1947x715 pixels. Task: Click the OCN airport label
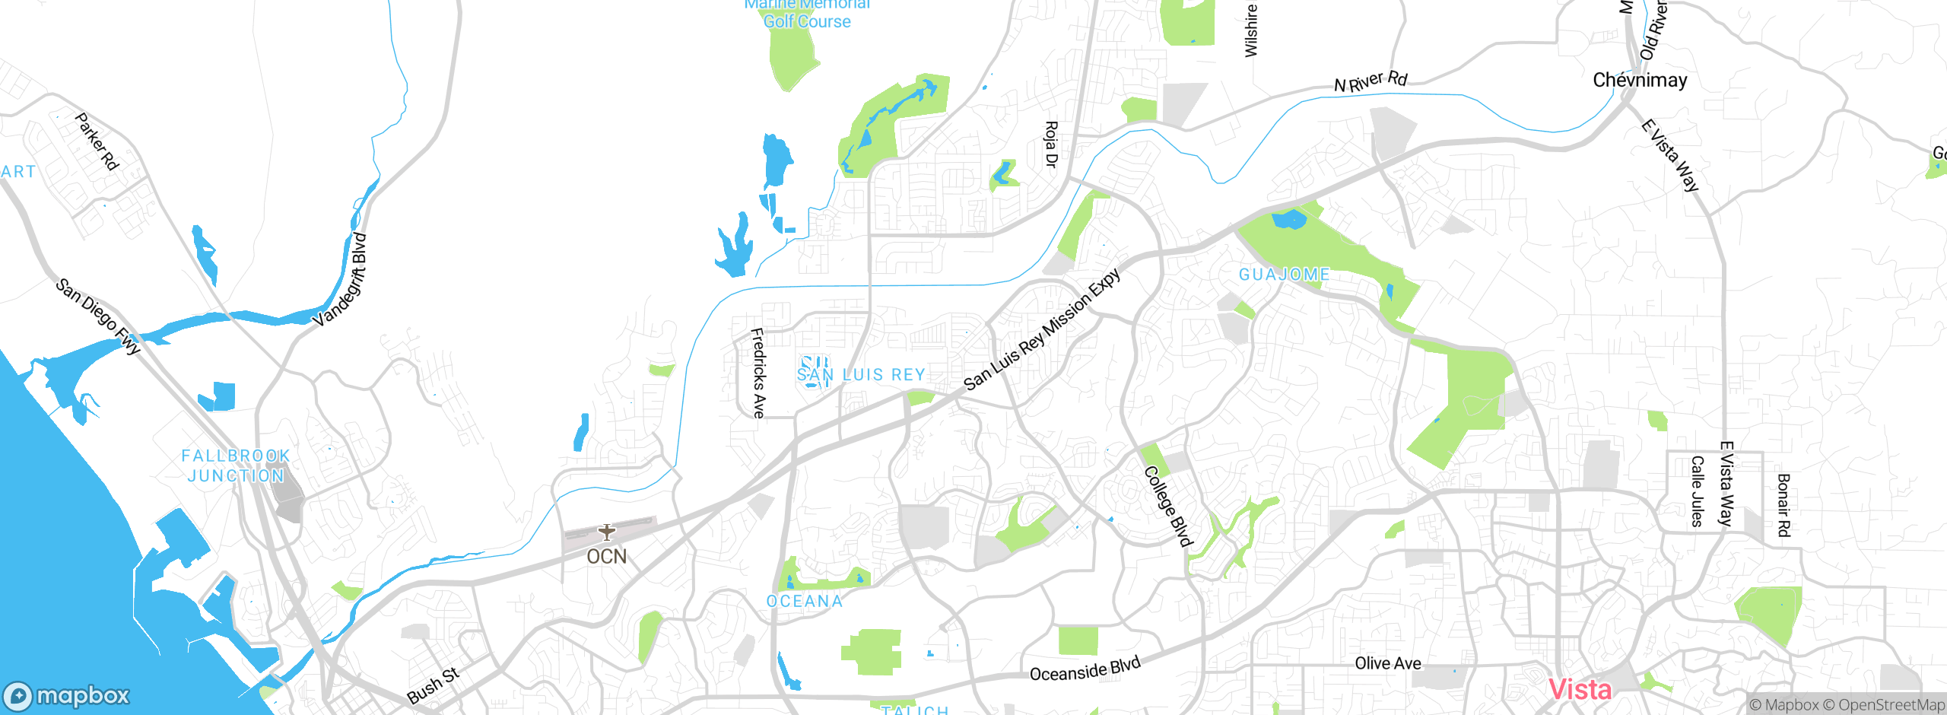(x=607, y=557)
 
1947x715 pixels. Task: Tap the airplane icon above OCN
(x=606, y=532)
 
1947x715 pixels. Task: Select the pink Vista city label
(x=1580, y=690)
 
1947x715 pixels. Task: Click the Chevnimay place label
(x=1640, y=81)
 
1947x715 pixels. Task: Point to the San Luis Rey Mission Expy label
(x=1042, y=330)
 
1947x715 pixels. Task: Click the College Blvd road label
(x=1167, y=507)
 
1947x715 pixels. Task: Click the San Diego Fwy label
(x=98, y=316)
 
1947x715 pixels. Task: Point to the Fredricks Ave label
(x=758, y=373)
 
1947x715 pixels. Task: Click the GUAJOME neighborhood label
(x=1284, y=275)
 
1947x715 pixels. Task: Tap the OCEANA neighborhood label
(x=805, y=602)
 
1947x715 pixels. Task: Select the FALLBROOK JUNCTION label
(x=236, y=466)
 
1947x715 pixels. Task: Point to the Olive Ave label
(x=1387, y=663)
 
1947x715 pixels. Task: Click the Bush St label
(x=433, y=685)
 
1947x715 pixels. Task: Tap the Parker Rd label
(x=97, y=141)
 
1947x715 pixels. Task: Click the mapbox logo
(x=67, y=695)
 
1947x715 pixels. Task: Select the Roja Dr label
(x=1051, y=144)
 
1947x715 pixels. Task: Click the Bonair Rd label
(x=1783, y=505)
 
